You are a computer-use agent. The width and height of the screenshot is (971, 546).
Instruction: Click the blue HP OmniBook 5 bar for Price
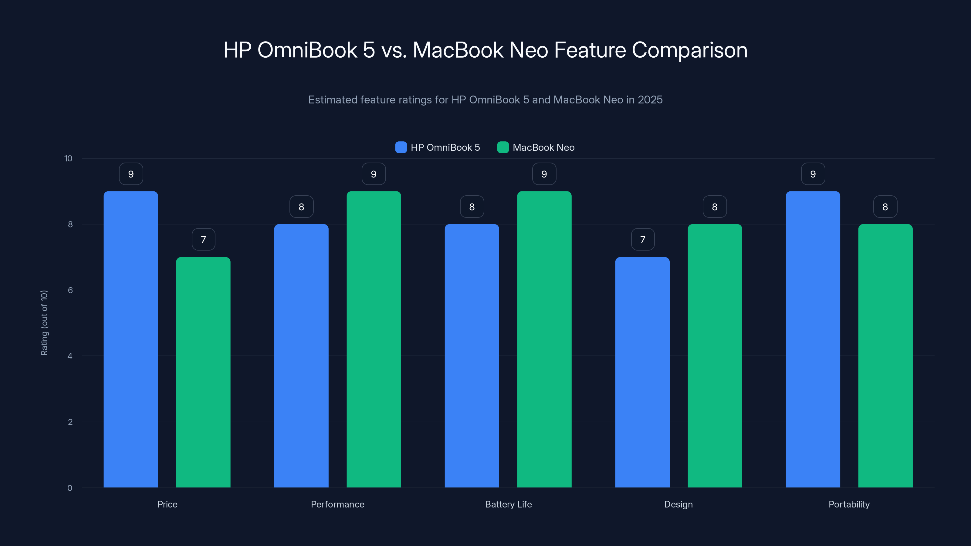(x=131, y=339)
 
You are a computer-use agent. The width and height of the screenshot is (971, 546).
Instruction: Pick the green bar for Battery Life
(x=544, y=339)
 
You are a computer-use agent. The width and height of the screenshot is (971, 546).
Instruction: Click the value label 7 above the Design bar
(x=643, y=240)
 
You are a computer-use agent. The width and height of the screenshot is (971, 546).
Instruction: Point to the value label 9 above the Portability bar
(x=813, y=174)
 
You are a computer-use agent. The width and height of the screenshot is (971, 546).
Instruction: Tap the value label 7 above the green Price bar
(x=204, y=240)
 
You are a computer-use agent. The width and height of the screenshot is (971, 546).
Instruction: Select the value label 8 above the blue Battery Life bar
(x=472, y=207)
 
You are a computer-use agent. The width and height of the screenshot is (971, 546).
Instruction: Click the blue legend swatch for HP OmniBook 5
(x=401, y=147)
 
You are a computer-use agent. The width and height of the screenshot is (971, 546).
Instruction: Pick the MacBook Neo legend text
(x=543, y=147)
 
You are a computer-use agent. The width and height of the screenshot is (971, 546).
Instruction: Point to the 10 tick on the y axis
(x=68, y=159)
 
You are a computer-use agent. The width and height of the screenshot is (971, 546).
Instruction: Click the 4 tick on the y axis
(x=70, y=356)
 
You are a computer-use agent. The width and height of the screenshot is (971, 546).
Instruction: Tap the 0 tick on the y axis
(x=70, y=488)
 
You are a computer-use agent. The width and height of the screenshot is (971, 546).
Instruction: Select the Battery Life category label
(x=508, y=504)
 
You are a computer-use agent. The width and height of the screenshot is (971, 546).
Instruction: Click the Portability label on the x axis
(x=849, y=504)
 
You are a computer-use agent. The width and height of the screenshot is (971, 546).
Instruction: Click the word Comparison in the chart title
(x=689, y=50)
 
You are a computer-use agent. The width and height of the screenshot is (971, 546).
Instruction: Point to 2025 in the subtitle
(x=650, y=100)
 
